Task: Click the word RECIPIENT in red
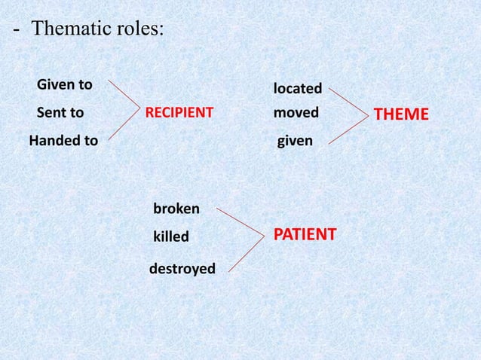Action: [179, 114]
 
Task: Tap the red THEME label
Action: [401, 114]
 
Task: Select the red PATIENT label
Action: [304, 234]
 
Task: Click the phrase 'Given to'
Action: [65, 84]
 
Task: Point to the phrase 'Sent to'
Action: [61, 114]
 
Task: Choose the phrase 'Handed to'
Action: [63, 140]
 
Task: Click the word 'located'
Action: [297, 89]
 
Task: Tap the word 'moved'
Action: [296, 113]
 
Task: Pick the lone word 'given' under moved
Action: [296, 140]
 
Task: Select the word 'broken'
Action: [176, 208]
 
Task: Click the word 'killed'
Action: [170, 237]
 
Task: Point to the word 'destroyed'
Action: [182, 267]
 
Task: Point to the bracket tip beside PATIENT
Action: [262, 235]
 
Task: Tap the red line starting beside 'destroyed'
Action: [244, 252]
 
